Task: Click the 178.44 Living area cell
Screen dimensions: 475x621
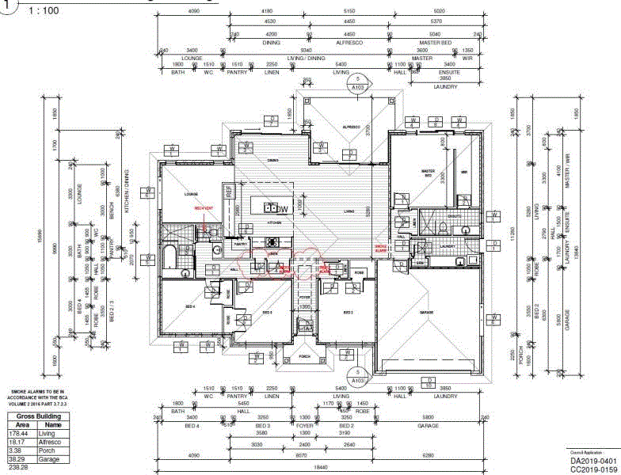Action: (x=17, y=433)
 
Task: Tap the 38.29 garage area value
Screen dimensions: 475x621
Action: (x=17, y=459)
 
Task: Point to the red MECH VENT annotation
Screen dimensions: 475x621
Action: (x=204, y=208)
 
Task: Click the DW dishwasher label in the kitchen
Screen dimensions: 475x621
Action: (x=282, y=209)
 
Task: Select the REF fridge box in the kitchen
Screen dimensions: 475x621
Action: (x=229, y=191)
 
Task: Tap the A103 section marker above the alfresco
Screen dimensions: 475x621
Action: (x=358, y=84)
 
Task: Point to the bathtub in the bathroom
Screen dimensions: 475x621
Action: (x=170, y=259)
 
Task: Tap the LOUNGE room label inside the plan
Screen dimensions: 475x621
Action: (x=191, y=194)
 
